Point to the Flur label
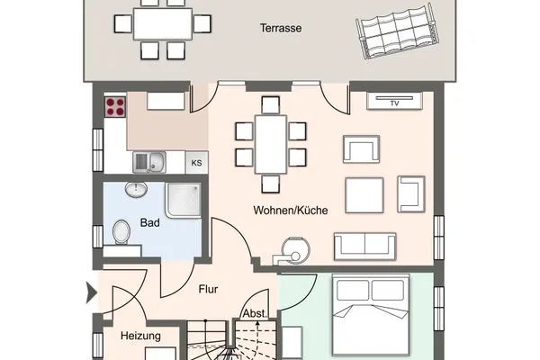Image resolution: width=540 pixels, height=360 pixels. pyautogui.click(x=209, y=290)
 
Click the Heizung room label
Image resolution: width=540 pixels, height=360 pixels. pyautogui.click(x=140, y=336)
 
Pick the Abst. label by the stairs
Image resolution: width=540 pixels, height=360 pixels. pyautogui.click(x=253, y=315)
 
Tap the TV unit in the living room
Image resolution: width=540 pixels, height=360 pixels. pyautogui.click(x=394, y=102)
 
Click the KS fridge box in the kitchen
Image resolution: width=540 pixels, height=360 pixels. pyautogui.click(x=196, y=163)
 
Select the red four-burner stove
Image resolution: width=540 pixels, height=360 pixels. pyautogui.click(x=116, y=107)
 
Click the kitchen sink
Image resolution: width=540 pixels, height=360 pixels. pyautogui.click(x=148, y=162)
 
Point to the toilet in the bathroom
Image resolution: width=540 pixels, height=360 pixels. pyautogui.click(x=122, y=233)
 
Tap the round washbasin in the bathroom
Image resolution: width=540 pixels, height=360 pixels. pyautogui.click(x=137, y=191)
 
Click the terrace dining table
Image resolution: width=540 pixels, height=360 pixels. pyautogui.click(x=164, y=23)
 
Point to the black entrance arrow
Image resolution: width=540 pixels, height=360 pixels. pyautogui.click(x=89, y=292)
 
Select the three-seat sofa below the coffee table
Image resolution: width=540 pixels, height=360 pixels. pyautogui.click(x=364, y=245)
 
